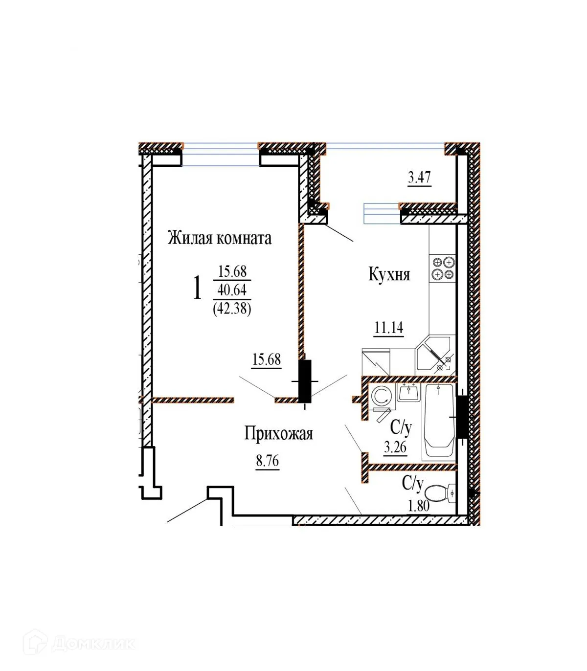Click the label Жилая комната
point(220,238)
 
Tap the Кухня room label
point(389,275)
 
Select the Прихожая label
point(278,433)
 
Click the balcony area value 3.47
point(419,177)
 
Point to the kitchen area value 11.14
point(389,328)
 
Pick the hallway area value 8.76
point(267,461)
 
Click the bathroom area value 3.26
point(395,447)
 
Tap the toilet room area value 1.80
point(419,505)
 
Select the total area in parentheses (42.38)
point(232,309)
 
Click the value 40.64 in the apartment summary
point(232,290)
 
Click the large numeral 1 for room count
point(197,288)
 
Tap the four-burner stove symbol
point(443,268)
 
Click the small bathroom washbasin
point(408,392)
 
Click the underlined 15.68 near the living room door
point(267,359)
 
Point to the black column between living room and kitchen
point(305,380)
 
